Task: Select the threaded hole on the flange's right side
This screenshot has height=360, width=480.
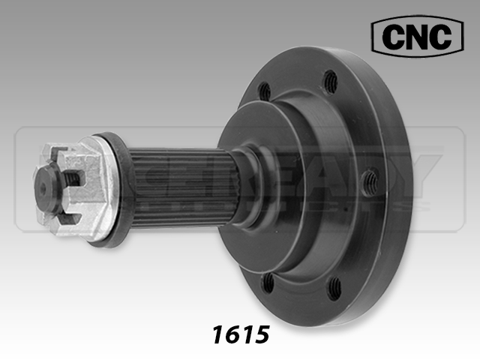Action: (x=370, y=180)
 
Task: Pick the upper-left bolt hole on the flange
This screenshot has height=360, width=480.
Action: (x=264, y=91)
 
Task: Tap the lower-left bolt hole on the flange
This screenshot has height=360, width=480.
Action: (x=268, y=282)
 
